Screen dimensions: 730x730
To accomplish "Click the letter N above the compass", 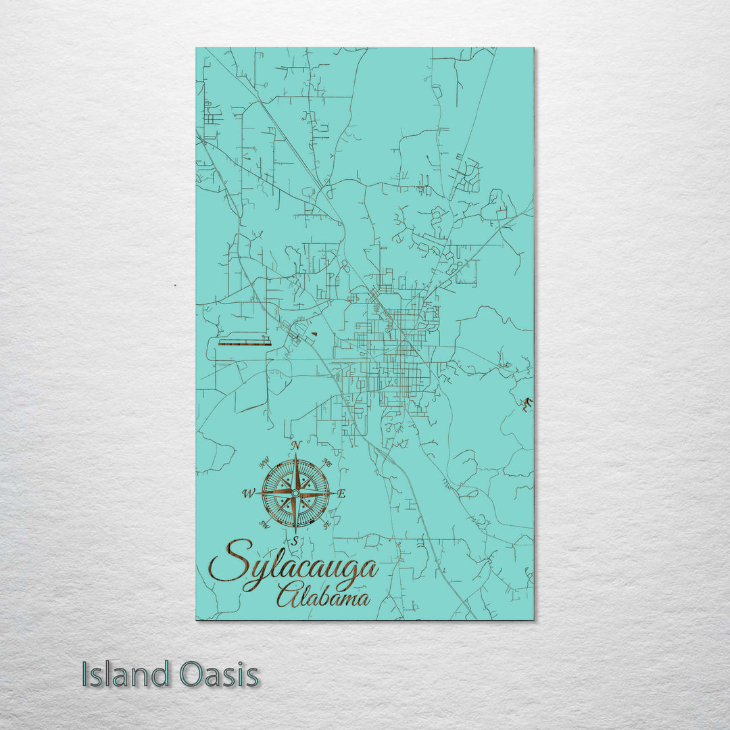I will point(295,445).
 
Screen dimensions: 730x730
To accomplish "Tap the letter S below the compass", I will point(295,539).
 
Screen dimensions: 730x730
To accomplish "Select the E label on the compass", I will point(341,494).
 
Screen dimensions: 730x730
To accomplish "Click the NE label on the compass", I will point(327,463).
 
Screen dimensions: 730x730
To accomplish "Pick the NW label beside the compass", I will point(264,464).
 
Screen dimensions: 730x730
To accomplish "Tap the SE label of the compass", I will point(327,525).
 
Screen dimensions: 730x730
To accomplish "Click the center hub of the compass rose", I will point(295,493).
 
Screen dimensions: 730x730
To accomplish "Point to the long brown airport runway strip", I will point(244,343).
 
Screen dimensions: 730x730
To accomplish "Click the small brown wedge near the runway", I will point(314,335).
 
